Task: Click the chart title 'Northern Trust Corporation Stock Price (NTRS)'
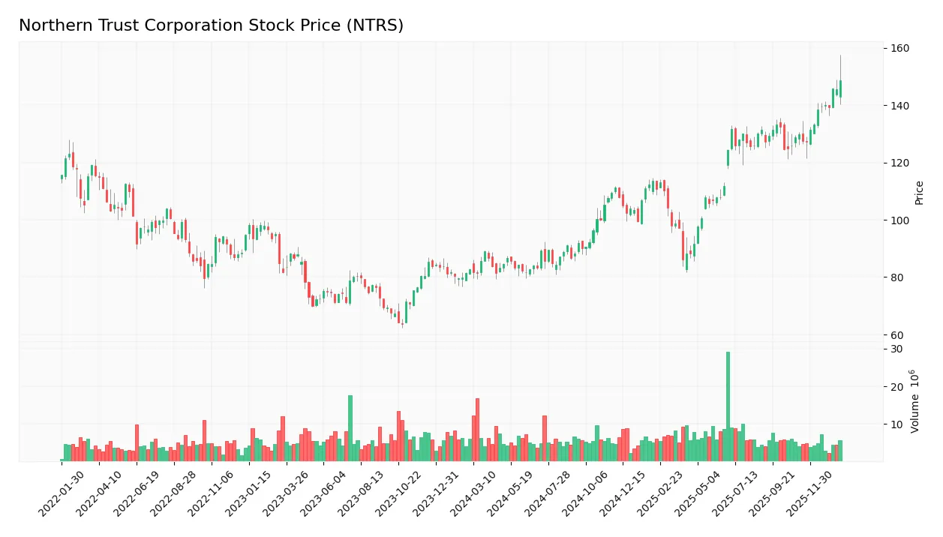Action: pyautogui.click(x=211, y=25)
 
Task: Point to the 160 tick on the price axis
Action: pyautogui.click(x=899, y=49)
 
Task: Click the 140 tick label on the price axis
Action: pyautogui.click(x=899, y=106)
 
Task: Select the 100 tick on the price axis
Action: pyautogui.click(x=899, y=220)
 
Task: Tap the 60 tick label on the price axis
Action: pyautogui.click(x=897, y=335)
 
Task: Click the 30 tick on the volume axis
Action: pyautogui.click(x=896, y=349)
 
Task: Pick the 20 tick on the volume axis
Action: pyautogui.click(x=896, y=387)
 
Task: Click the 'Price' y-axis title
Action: pyautogui.click(x=919, y=193)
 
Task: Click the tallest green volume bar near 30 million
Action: pyautogui.click(x=728, y=406)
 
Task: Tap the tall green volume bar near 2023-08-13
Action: pyautogui.click(x=350, y=427)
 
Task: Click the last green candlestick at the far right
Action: pyautogui.click(x=840, y=88)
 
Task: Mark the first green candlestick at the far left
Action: pyautogui.click(x=62, y=178)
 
